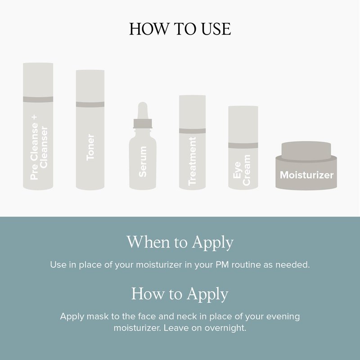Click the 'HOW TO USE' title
180,29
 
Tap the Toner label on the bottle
90,147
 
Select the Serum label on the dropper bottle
143,162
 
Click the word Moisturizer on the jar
306,175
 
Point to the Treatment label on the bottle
192,161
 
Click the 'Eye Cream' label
242,170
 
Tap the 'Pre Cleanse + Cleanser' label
39,148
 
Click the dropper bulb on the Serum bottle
143,110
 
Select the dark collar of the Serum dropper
143,123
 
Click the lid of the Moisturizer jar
306,151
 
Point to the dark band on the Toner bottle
90,104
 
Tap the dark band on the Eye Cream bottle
243,145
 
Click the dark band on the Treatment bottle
193,131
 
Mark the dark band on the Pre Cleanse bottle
38,99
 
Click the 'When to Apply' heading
180,243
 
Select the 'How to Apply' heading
180,294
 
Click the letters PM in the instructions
222,265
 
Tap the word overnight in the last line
225,328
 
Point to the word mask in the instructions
98,316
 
